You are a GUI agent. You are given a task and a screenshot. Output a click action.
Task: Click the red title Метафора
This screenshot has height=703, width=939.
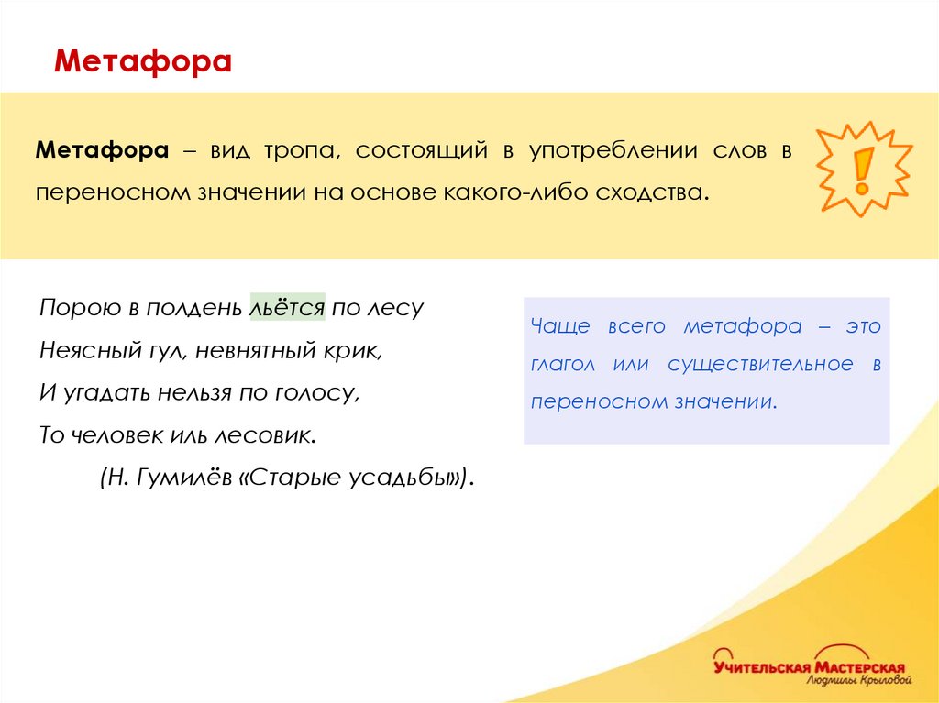[x=143, y=61]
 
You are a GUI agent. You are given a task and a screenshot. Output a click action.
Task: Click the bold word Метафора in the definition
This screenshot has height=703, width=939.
[x=102, y=150]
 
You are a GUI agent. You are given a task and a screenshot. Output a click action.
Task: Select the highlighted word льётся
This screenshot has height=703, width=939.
[x=287, y=307]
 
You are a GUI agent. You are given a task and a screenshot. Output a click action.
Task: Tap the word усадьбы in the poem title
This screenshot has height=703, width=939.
[x=407, y=477]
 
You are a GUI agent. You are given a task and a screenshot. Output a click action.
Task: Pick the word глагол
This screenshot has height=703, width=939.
[x=562, y=364]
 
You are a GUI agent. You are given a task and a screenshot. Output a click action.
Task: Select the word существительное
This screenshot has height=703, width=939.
[x=760, y=364]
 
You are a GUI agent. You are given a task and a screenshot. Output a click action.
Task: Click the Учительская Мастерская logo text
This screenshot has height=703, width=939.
[x=809, y=666]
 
